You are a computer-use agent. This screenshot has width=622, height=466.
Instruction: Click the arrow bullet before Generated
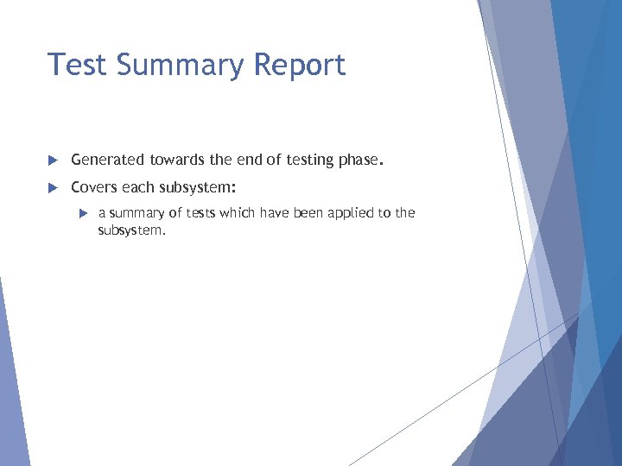tap(52, 160)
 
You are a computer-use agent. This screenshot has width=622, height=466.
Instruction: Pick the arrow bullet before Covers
tap(52, 187)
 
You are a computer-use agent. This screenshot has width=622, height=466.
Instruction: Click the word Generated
tap(108, 160)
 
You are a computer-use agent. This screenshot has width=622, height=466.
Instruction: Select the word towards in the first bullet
tap(178, 160)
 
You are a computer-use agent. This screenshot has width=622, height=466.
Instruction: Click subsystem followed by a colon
tap(199, 187)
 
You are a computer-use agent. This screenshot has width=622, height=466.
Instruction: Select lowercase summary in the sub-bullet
tap(135, 214)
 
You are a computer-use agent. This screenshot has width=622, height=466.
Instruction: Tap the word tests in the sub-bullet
tap(198, 213)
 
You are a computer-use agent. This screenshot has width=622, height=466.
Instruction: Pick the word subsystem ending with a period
tap(130, 230)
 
